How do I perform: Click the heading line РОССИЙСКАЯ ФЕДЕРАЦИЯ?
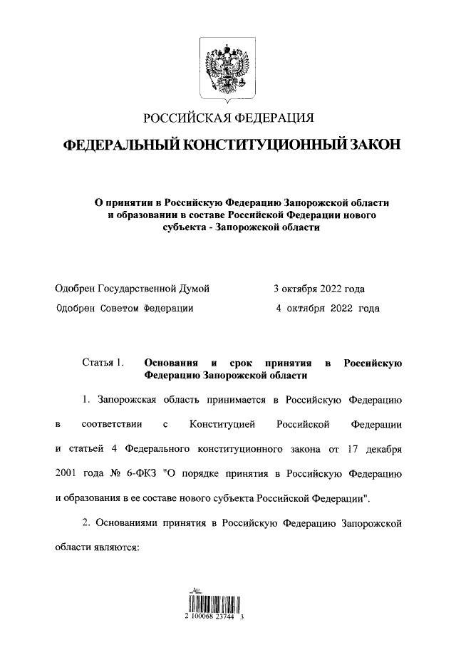(x=228, y=117)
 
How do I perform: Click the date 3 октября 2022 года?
(x=318, y=289)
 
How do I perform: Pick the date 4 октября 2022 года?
(x=328, y=309)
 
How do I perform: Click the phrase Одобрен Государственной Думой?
(x=132, y=289)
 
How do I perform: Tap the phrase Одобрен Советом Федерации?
(x=124, y=309)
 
